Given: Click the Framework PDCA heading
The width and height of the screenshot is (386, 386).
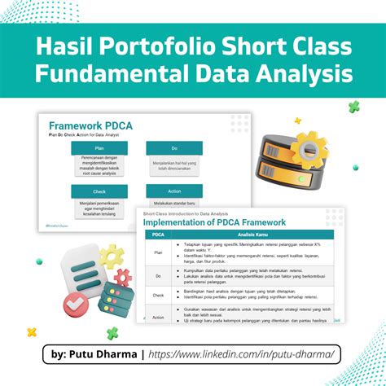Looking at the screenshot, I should [90, 125].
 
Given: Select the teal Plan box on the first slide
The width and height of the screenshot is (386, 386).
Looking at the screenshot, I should [98, 147].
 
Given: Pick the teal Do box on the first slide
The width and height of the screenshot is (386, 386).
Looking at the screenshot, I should [173, 147].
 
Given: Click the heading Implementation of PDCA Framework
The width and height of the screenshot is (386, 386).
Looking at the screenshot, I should [215, 222].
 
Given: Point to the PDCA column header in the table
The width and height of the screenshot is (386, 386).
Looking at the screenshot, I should [158, 235].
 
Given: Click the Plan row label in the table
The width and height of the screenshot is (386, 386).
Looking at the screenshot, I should [158, 252].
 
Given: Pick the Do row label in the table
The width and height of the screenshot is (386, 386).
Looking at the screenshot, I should [158, 275].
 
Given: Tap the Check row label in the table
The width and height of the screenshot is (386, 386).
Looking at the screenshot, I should [158, 296].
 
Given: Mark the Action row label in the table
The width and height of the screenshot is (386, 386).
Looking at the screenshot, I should [158, 317].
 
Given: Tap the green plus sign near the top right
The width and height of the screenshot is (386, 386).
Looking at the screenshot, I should [353, 107].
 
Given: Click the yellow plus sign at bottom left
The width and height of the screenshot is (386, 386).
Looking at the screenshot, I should [32, 331].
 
